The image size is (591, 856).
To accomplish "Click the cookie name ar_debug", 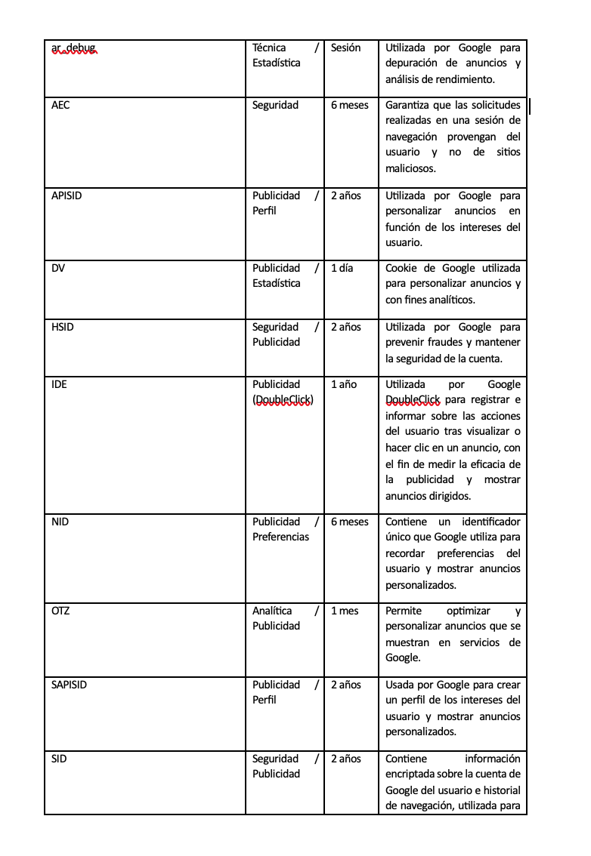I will point(73,48).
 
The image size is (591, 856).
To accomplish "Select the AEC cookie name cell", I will point(60,106).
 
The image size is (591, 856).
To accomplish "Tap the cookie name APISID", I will point(67,196).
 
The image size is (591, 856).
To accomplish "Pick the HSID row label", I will point(63,328).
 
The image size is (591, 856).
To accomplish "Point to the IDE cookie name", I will point(59,385).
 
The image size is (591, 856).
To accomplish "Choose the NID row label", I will point(60,522).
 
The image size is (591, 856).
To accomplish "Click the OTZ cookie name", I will point(60,611).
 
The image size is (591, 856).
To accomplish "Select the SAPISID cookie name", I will point(69,685).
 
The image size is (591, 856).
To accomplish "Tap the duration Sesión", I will point(346,48).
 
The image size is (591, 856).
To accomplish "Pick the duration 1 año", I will point(344,385).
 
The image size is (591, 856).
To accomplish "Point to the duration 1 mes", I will point(345,611).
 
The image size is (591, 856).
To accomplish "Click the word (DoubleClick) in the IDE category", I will point(283,400).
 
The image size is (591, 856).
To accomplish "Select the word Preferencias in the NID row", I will point(280,537).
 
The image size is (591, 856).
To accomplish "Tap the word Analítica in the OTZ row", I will point(272,611).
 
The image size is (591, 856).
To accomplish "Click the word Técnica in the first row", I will point(269,48).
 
